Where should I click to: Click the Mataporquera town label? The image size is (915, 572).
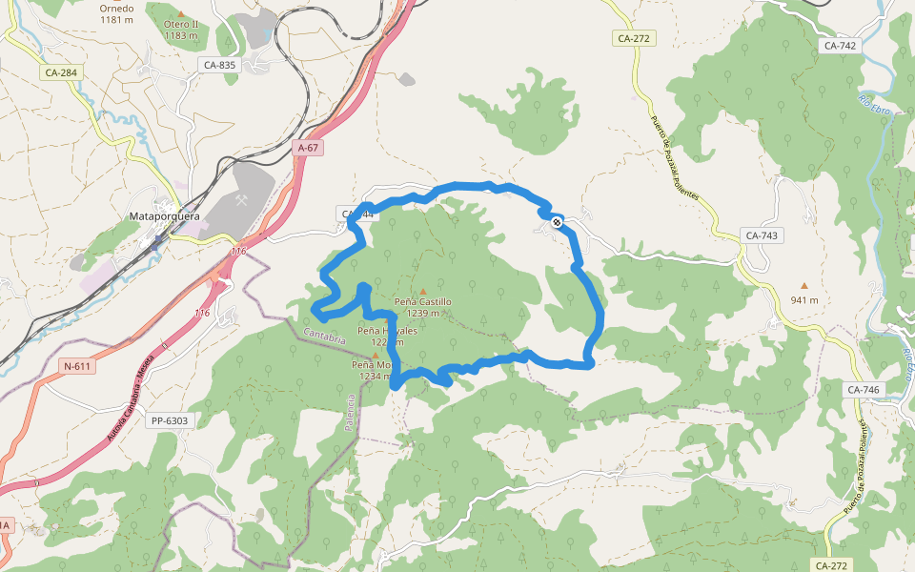click(164, 216)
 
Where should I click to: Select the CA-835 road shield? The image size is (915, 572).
click(219, 65)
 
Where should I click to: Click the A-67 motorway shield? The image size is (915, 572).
click(307, 148)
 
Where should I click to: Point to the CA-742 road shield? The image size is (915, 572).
click(840, 45)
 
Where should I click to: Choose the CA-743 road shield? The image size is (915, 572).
click(762, 235)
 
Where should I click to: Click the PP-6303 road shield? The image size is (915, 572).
click(171, 420)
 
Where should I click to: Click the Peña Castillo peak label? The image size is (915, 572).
click(423, 307)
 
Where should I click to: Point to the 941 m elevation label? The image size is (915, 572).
click(804, 300)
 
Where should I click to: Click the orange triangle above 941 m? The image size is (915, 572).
click(804, 285)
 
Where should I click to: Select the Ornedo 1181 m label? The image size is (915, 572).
click(116, 12)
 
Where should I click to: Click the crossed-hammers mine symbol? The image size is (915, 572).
click(243, 202)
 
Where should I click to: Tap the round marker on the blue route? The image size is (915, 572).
click(557, 222)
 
